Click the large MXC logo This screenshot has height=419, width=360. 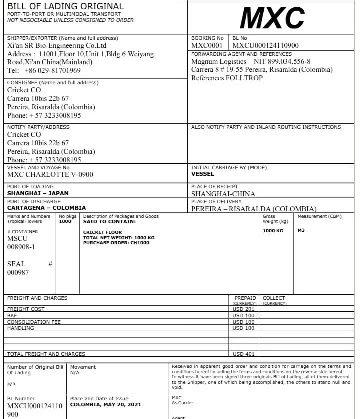tap(272, 18)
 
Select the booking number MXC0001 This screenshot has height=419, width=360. tap(207, 46)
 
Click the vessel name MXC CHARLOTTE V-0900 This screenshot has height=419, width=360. tap(50, 175)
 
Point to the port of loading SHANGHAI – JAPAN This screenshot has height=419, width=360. tap(38, 193)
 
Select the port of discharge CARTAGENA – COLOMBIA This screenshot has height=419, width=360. tap(46, 208)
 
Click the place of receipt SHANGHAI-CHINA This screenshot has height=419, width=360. tap(223, 194)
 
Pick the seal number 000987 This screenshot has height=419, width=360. tap(18, 272)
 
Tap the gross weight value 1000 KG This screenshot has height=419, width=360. tap(273, 231)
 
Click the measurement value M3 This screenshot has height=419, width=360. tap(301, 231)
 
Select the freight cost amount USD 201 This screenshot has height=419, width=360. tap(243, 309)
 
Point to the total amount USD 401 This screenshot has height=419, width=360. tap(243, 354)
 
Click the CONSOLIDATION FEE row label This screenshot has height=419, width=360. tap(34, 322)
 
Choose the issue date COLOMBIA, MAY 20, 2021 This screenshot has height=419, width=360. tap(106, 405)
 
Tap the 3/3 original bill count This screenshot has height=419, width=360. tap(11, 384)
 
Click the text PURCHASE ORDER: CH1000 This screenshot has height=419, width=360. tap(116, 243)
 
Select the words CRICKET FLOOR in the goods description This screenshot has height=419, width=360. tap(102, 232)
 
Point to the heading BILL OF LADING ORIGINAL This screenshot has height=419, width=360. tap(65, 6)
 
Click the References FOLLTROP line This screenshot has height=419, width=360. tap(227, 78)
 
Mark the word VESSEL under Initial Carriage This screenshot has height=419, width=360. tap(202, 174)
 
